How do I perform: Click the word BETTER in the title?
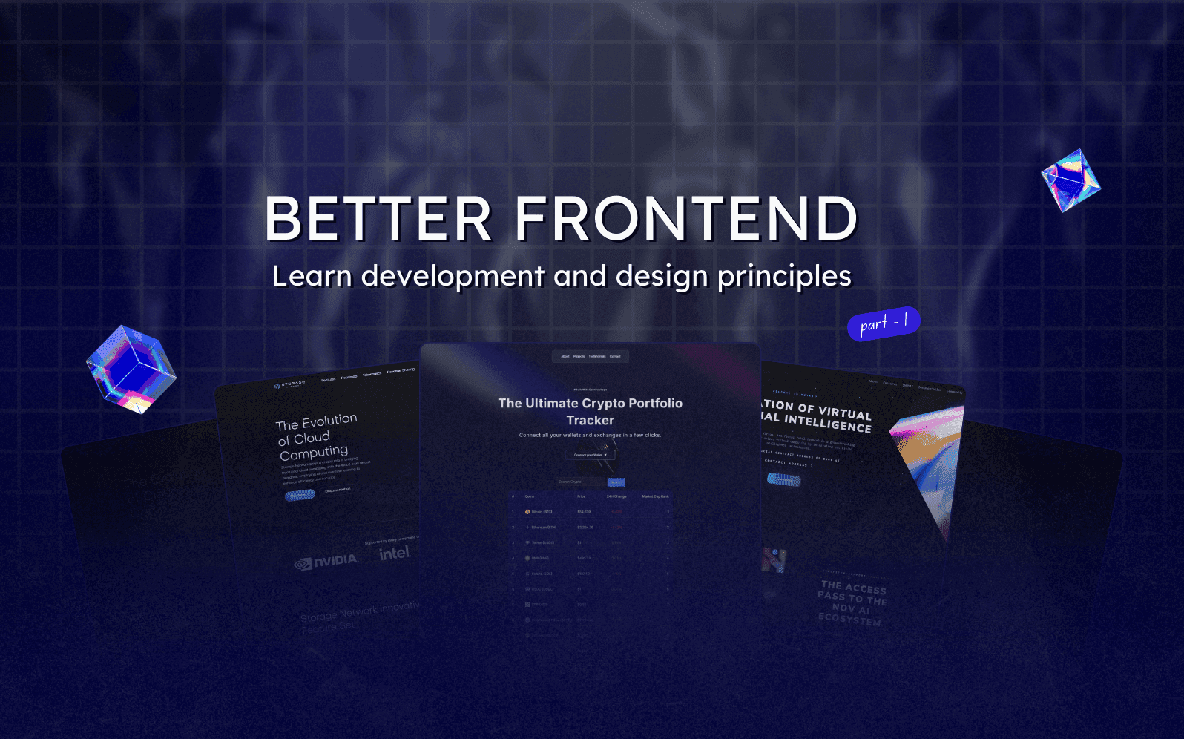point(378,219)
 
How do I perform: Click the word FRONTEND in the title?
point(686,219)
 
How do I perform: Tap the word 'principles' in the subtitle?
point(784,277)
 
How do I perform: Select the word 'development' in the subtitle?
point(453,277)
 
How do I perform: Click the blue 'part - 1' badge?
point(884,323)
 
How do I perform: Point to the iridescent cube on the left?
point(131,369)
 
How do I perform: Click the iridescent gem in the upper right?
point(1070,180)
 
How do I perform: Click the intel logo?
point(394,554)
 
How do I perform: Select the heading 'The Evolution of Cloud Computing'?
point(315,437)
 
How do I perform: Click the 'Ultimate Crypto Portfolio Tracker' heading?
point(591,412)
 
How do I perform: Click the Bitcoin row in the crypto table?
point(591,512)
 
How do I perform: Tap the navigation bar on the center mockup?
point(591,356)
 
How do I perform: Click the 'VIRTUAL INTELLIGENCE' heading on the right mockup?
point(816,416)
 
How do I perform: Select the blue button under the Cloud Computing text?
point(300,495)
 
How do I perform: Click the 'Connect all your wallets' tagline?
point(590,436)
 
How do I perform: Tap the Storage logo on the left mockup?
point(289,384)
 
